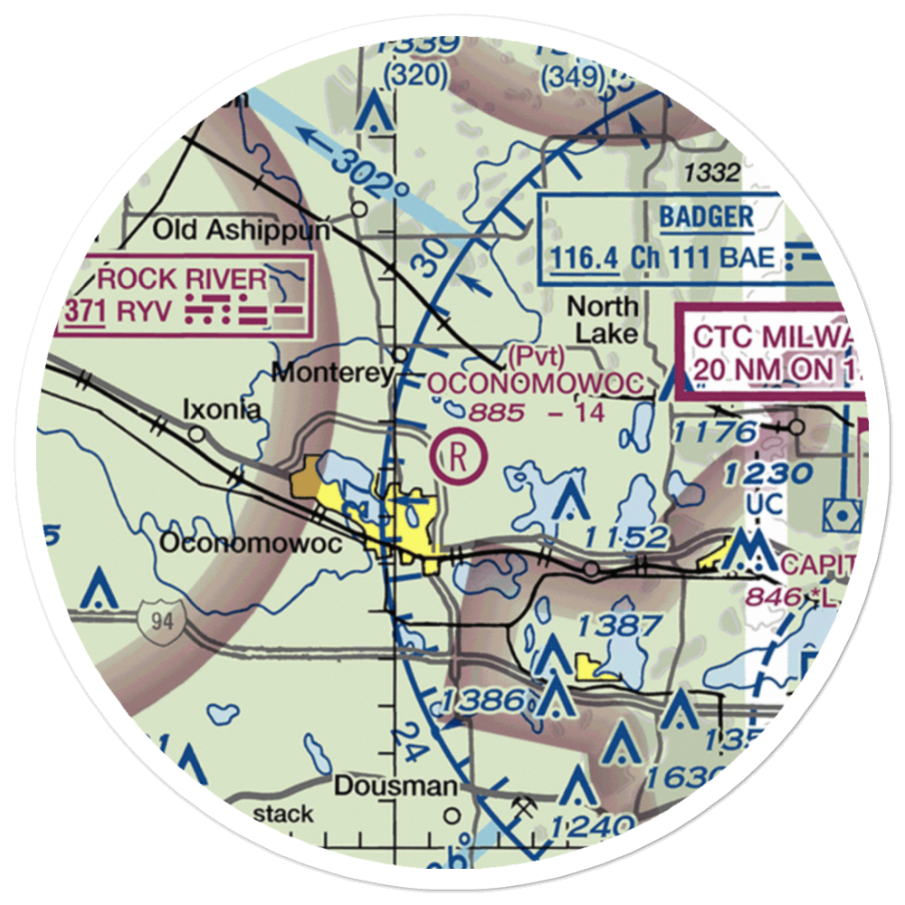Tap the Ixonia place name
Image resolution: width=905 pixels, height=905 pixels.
(222, 410)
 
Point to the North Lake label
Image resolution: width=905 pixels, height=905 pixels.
(602, 320)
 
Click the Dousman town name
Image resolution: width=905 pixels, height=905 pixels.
(395, 786)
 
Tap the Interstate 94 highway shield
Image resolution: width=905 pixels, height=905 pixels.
(158, 622)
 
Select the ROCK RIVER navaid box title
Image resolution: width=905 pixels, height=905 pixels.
(184, 279)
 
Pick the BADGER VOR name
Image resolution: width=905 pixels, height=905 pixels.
(706, 216)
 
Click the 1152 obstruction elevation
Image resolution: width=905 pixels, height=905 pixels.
(625, 537)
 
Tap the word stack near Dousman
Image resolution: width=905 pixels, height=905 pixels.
(282, 813)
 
